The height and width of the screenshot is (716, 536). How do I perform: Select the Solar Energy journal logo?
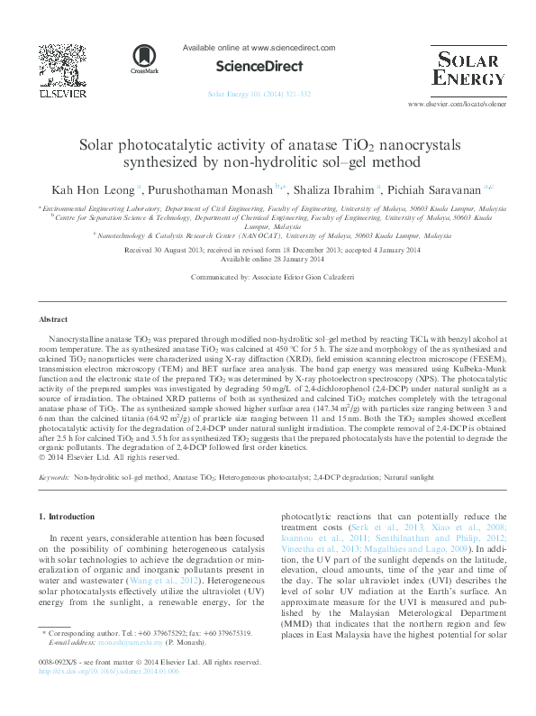point(468,69)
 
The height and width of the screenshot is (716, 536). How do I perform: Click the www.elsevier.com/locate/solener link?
point(457,106)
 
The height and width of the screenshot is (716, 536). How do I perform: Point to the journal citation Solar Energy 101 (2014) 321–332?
point(259,93)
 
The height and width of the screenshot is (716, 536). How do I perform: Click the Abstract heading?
point(53,320)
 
